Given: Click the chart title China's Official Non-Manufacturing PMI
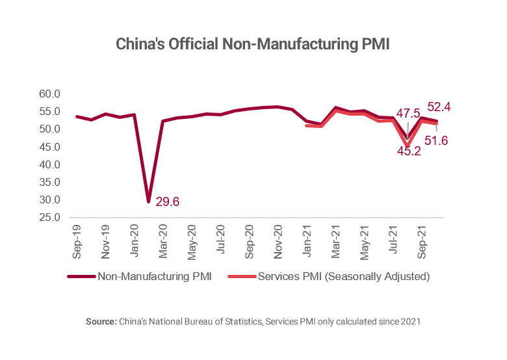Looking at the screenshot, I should click(252, 45).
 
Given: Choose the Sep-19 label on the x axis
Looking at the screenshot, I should click(77, 238).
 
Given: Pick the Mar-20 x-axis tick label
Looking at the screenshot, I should click(163, 238).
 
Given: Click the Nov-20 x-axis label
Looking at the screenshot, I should click(278, 238).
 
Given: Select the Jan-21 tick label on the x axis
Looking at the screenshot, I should click(307, 238).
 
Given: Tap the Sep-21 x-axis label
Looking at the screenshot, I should click(422, 238).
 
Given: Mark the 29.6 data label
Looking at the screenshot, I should click(168, 202).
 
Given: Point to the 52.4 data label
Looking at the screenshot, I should click(439, 106).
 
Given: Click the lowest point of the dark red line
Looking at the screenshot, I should click(149, 201).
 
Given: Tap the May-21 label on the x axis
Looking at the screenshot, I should click(365, 238).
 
